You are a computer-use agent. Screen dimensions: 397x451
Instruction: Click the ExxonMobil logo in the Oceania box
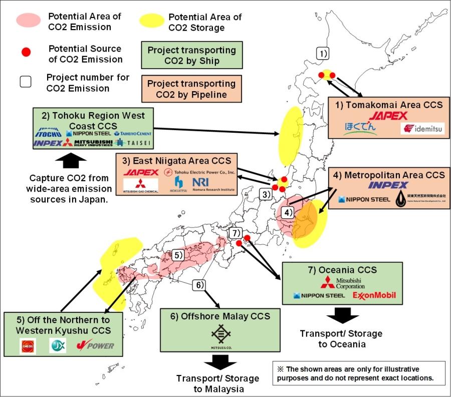click(x=374, y=295)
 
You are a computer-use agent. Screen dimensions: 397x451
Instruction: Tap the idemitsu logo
click(x=422, y=129)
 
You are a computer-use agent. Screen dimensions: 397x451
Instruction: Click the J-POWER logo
click(x=95, y=345)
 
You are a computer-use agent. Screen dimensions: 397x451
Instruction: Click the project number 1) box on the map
click(x=324, y=53)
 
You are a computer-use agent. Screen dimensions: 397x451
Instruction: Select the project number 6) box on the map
click(x=198, y=285)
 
